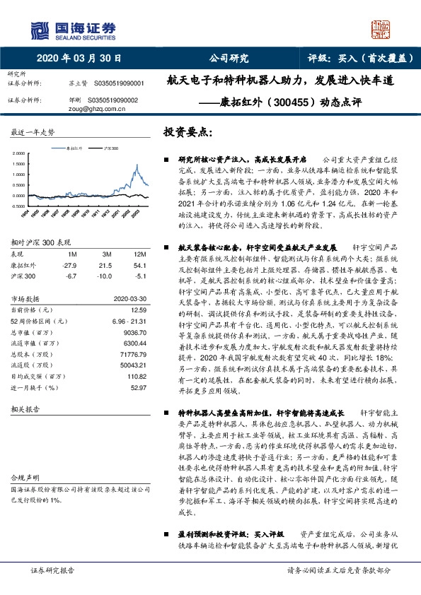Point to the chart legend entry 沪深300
[x=110, y=150]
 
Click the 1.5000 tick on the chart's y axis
[x=17, y=163]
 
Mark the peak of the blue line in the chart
[x=137, y=166]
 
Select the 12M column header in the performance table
[x=139, y=254]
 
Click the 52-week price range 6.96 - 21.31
[x=128, y=320]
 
